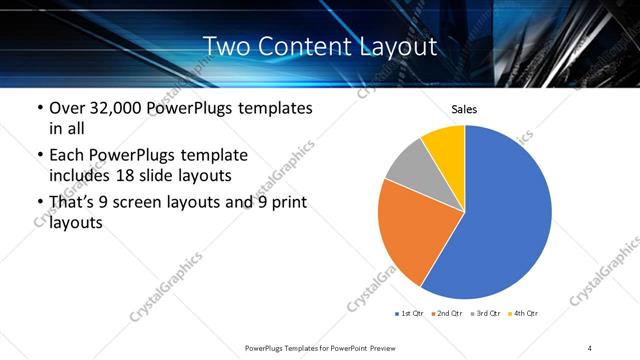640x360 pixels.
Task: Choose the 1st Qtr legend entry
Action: [x=411, y=314]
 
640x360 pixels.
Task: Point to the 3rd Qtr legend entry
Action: [x=484, y=314]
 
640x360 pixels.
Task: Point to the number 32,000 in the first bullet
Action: [x=117, y=108]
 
